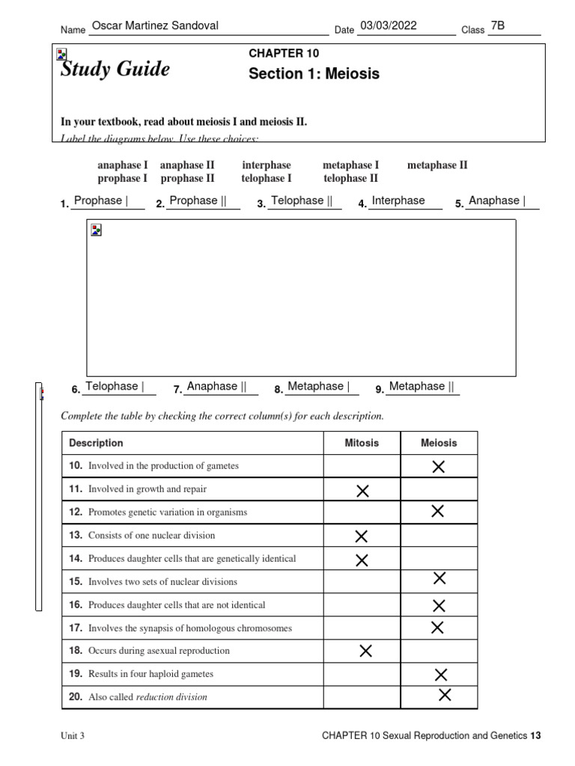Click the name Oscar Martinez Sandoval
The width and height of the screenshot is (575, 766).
tap(155, 26)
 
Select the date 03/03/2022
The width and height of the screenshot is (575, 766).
tap(388, 26)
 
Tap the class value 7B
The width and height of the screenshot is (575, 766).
tap(497, 26)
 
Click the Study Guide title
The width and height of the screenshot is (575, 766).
tap(115, 70)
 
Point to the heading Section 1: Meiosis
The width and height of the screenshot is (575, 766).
tap(314, 73)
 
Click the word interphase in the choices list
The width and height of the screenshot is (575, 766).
tap(267, 165)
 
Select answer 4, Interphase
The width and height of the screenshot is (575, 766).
tap(398, 200)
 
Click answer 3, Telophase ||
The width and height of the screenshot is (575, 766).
tap(302, 200)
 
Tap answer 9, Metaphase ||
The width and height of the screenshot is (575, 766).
tap(422, 386)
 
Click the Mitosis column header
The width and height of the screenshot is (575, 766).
tap(362, 443)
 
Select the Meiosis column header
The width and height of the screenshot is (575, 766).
tap(439, 443)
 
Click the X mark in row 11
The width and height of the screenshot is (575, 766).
tap(362, 491)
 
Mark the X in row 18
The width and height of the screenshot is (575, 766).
tap(365, 651)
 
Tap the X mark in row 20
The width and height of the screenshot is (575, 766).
tap(445, 696)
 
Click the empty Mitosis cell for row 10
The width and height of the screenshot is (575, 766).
tap(362, 466)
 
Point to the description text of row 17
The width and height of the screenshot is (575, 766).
tap(190, 628)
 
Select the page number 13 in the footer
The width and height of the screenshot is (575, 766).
tap(535, 736)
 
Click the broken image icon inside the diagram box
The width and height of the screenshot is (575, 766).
tap(96, 230)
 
